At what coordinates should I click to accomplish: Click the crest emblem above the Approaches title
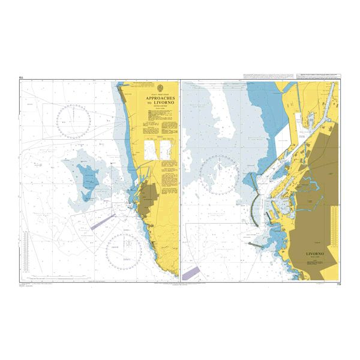[x=158, y=88]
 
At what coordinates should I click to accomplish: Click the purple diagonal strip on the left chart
[x=100, y=222]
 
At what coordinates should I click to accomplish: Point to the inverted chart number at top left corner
[x=22, y=77]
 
